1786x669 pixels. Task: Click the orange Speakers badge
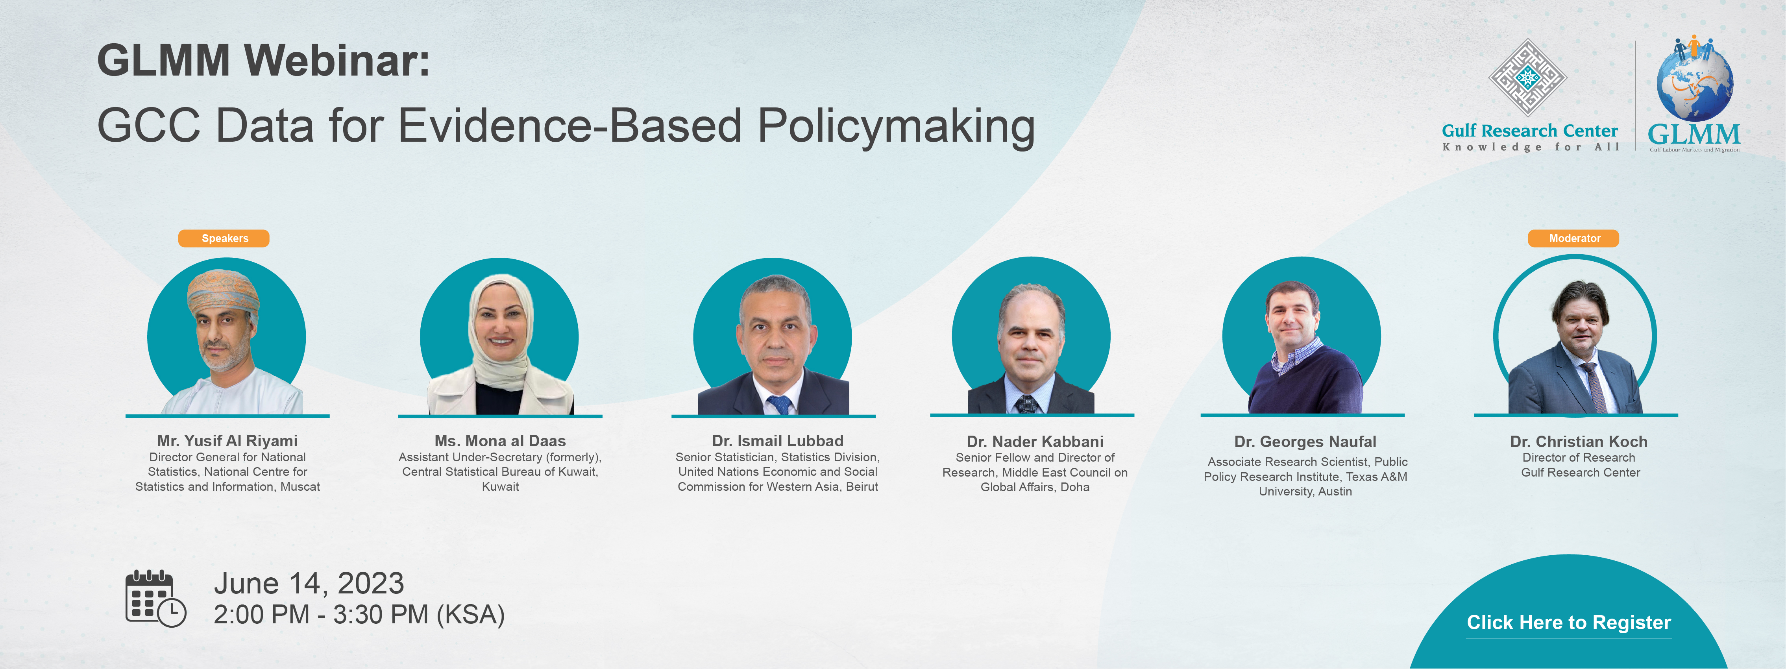click(x=224, y=238)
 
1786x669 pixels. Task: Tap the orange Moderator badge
click(x=1574, y=238)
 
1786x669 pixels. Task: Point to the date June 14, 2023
click(x=309, y=583)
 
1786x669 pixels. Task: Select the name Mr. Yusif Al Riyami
click(x=227, y=441)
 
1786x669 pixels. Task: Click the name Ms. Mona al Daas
click(x=500, y=441)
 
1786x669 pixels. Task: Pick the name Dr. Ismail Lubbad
click(x=777, y=441)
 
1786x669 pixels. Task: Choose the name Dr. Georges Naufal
click(x=1305, y=442)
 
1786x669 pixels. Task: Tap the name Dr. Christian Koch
click(x=1579, y=442)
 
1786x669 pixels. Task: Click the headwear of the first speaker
click(x=223, y=291)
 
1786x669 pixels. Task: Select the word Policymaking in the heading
click(x=896, y=127)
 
